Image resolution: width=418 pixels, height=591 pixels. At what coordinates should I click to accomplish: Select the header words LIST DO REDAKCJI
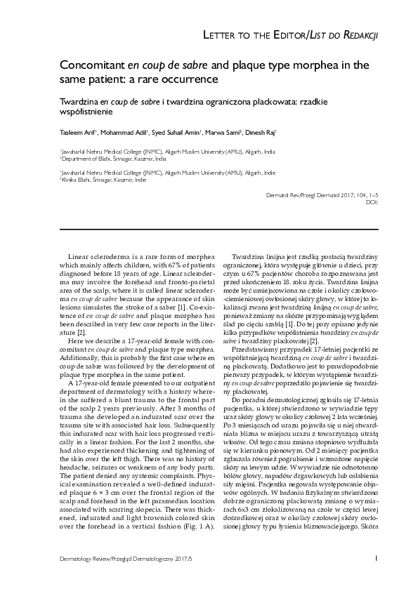pyautogui.click(x=344, y=35)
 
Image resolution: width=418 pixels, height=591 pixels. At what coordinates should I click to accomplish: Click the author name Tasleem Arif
pyautogui.click(x=77, y=132)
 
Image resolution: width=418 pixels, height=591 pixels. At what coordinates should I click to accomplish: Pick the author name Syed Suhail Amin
pyautogui.click(x=174, y=132)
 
